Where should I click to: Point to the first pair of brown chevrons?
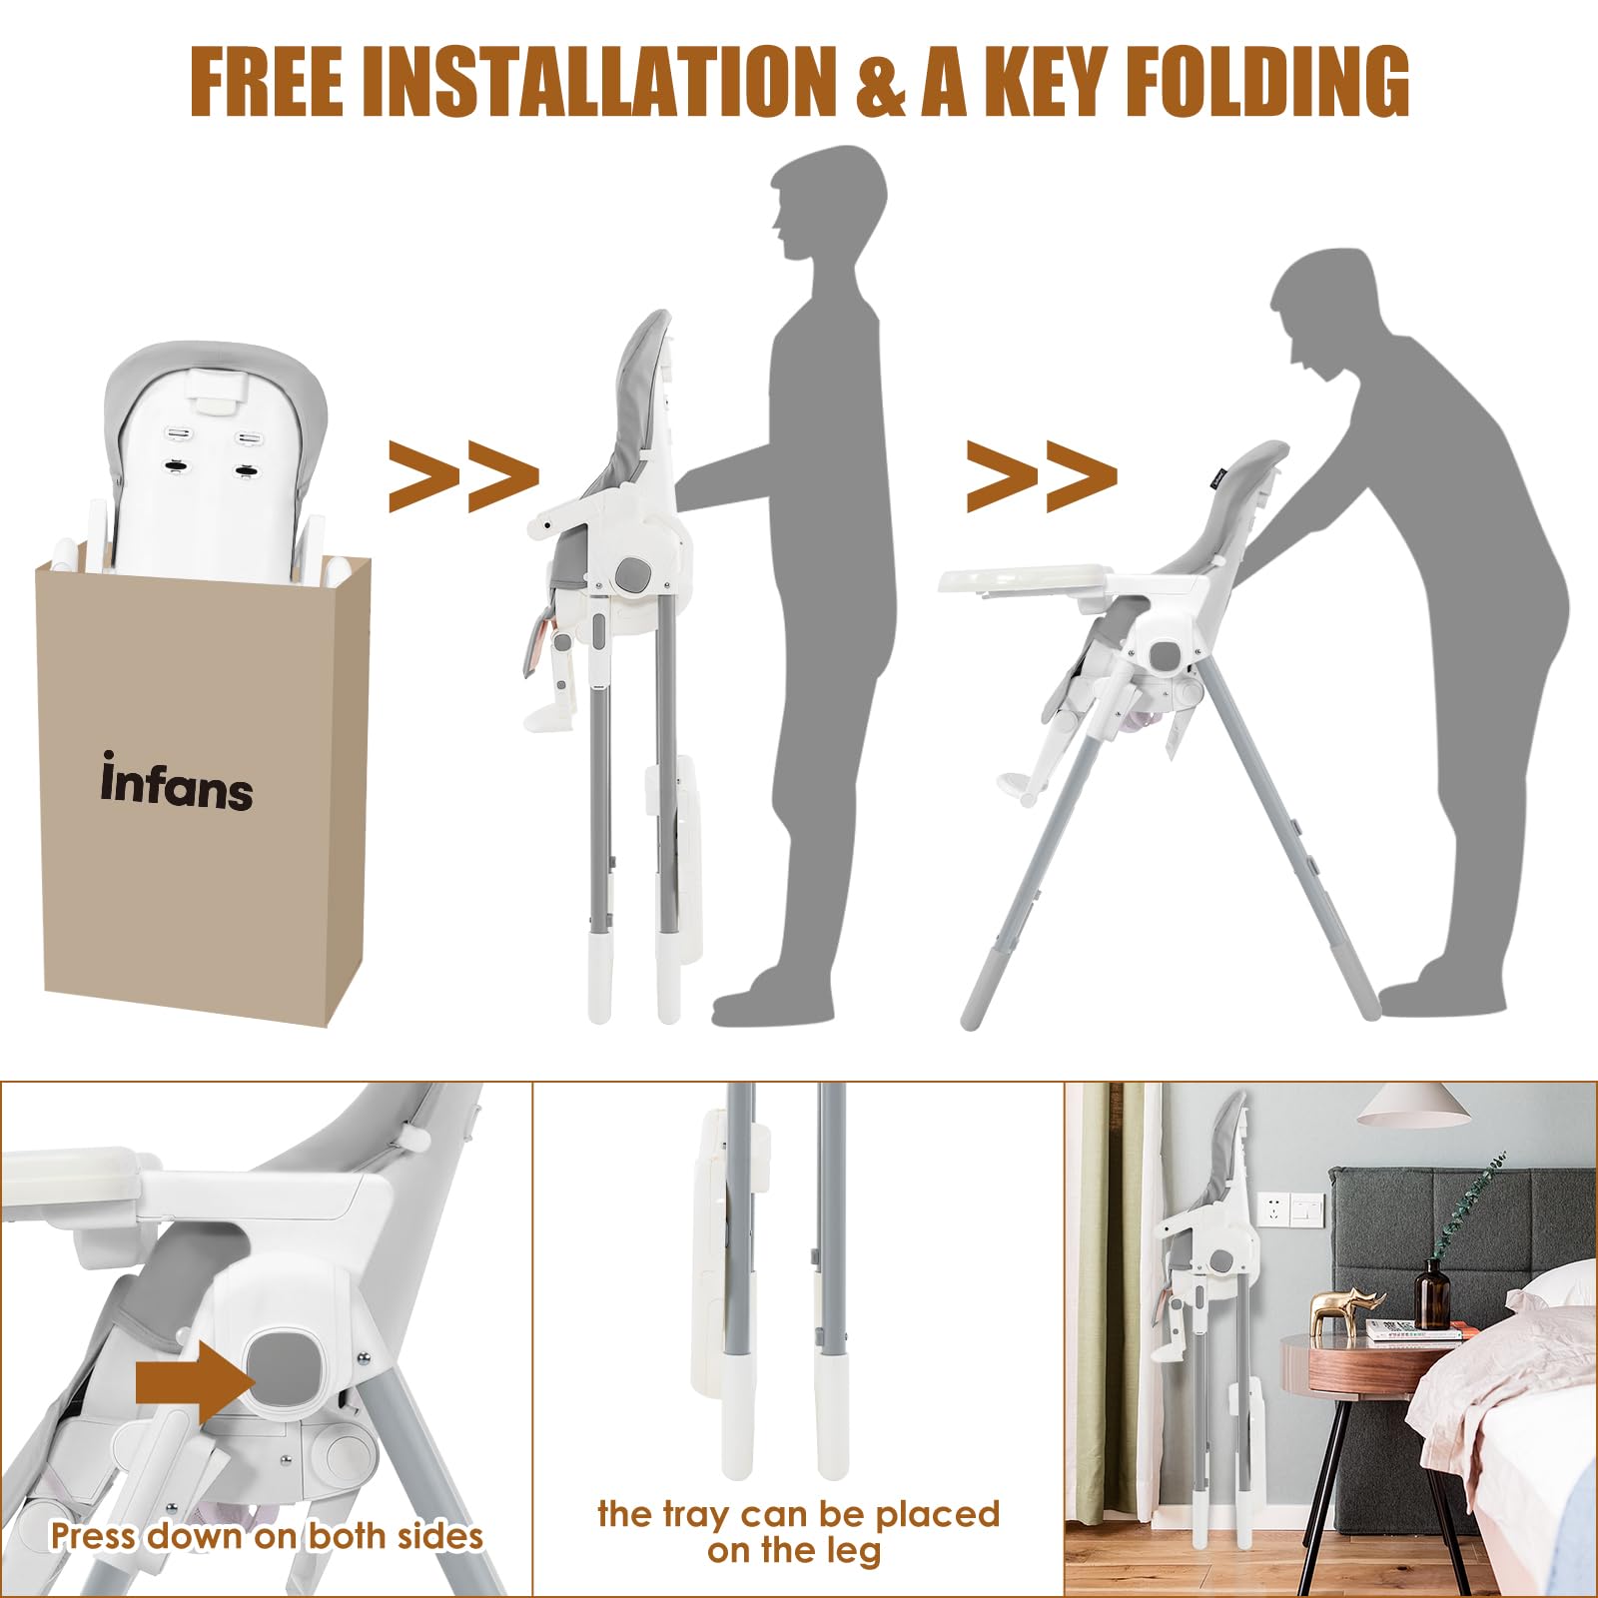463,475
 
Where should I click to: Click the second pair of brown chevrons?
1042,475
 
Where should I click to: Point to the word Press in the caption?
92,1535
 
